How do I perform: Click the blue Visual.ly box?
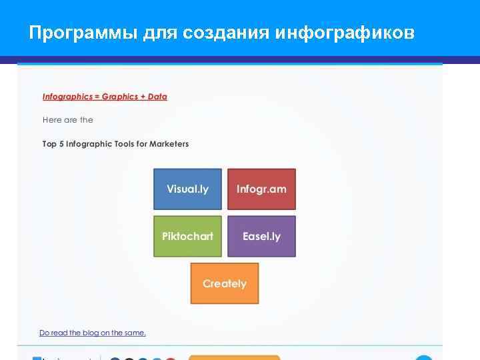187,189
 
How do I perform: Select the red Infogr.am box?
261,189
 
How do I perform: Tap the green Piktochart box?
187,237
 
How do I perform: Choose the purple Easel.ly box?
261,237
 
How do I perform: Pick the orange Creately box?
225,283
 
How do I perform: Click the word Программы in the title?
83,32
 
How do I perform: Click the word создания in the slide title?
225,32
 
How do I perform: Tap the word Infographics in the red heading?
67,97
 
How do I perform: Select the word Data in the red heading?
157,97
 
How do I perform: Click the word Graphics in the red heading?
119,97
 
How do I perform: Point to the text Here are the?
67,120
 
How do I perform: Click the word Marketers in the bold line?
169,144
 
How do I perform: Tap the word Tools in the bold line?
121,144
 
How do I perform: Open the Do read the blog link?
92,333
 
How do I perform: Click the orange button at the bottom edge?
234,357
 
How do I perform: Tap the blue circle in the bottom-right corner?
424,358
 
